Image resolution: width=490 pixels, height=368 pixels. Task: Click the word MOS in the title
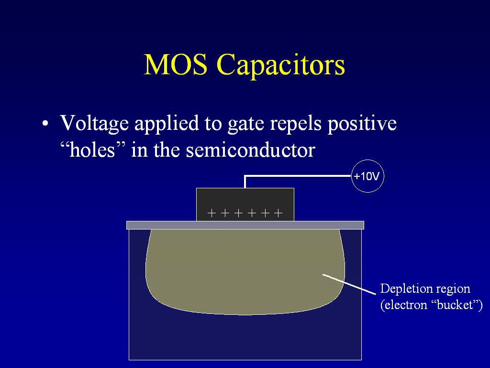pos(175,64)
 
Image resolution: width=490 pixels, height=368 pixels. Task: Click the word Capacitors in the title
pos(280,66)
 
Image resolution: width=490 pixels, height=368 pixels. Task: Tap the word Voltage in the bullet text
pos(94,124)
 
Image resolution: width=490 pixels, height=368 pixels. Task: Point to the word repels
pos(296,124)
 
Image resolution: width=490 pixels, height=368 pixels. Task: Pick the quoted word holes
pos(92,150)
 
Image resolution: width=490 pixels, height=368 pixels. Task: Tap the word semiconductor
pos(250,150)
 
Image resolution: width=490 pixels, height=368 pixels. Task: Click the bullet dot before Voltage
pos(45,123)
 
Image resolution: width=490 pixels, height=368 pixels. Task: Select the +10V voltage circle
pos(367,176)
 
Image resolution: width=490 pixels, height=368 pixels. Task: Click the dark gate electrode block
pos(245,205)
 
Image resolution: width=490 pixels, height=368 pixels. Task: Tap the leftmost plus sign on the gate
pos(212,213)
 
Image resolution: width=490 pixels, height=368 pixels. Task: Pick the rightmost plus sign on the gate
pos(278,213)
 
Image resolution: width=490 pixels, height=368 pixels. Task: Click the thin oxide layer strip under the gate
pos(245,225)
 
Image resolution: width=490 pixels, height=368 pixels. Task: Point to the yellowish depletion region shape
pos(245,271)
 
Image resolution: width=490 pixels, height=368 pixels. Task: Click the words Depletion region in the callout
pos(425,289)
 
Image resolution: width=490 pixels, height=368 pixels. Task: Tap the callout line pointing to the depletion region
pos(349,284)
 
